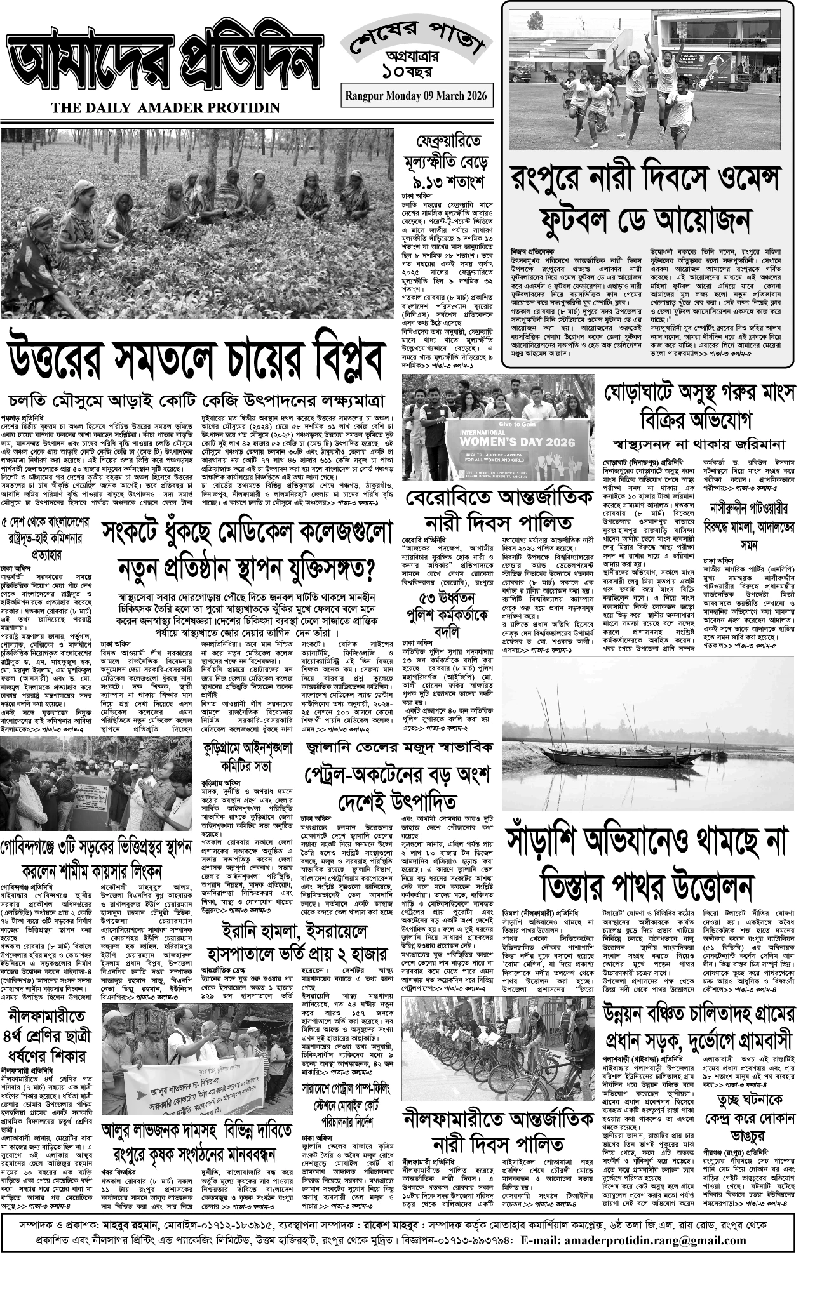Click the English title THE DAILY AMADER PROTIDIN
coord(166,108)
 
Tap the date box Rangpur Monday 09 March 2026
coord(416,96)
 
